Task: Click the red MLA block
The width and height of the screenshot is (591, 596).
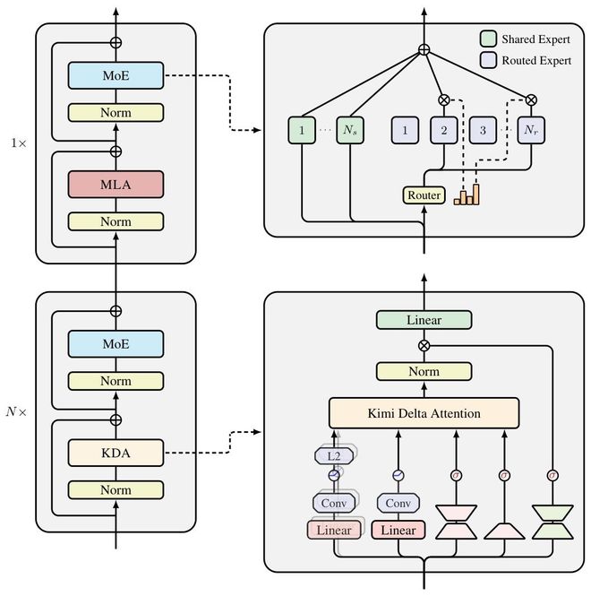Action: pyautogui.click(x=116, y=185)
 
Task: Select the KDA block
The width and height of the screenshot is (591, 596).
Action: pyautogui.click(x=116, y=453)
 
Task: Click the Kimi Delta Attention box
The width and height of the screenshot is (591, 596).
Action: pyautogui.click(x=424, y=413)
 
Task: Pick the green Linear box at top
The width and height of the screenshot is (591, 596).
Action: pyautogui.click(x=424, y=320)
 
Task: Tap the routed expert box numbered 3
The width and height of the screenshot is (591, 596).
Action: pyautogui.click(x=483, y=131)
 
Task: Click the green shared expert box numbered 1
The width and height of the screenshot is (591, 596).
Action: pyautogui.click(x=303, y=131)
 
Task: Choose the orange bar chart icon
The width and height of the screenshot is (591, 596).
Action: pyautogui.click(x=467, y=194)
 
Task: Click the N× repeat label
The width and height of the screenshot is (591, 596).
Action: pyautogui.click(x=17, y=414)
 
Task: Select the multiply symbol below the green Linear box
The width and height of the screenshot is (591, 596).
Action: pyautogui.click(x=424, y=344)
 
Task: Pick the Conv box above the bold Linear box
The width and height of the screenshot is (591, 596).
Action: pyautogui.click(x=398, y=503)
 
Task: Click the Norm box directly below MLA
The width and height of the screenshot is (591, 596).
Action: pyautogui.click(x=116, y=221)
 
